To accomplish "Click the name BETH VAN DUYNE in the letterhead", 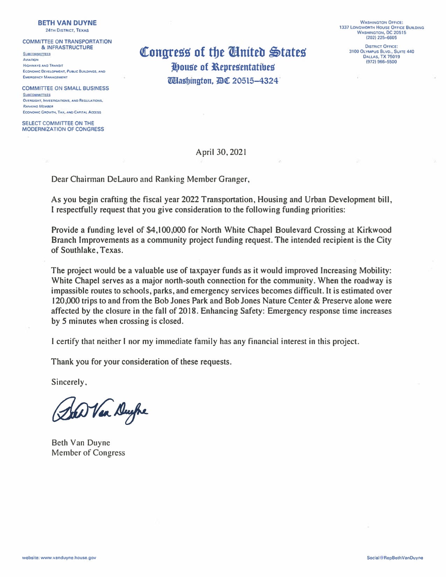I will pos(67,23).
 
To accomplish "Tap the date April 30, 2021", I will pos(221,152).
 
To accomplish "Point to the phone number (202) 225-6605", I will pos(381,38).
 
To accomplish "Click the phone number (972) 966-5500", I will pos(381,62).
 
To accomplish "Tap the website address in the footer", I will pos(59,558).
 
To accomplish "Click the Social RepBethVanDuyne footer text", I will pos(395,558).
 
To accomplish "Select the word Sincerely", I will pos(68,382).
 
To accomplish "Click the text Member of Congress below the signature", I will pos(88,453).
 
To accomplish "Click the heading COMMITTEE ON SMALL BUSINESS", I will pos(65,88).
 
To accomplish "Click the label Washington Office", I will pos(381,22).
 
